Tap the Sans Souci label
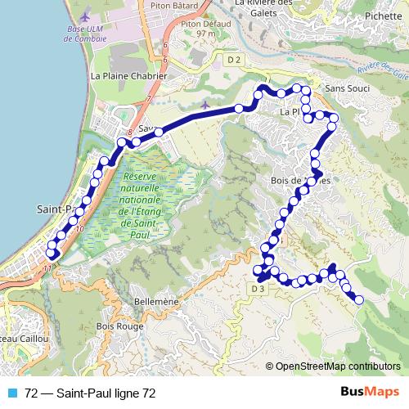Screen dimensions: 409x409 click(x=347, y=88)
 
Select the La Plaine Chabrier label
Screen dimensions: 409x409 click(x=128, y=76)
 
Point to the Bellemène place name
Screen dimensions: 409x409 click(x=155, y=302)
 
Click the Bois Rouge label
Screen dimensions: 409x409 click(x=119, y=326)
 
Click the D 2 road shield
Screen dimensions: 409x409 click(x=235, y=59)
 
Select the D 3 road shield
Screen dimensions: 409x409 click(x=258, y=288)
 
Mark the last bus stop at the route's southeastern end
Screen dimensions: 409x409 click(x=359, y=300)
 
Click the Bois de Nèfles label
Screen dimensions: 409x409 click(x=299, y=180)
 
